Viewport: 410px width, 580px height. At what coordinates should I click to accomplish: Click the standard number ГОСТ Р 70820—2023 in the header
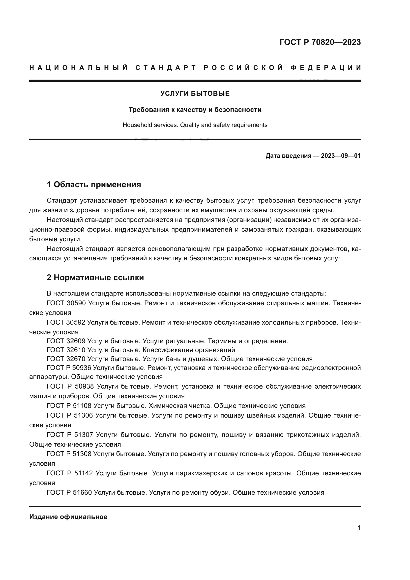[x=320, y=42]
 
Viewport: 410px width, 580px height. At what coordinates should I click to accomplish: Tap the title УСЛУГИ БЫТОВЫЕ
[x=195, y=93]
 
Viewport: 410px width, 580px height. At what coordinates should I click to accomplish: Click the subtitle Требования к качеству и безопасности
[x=195, y=110]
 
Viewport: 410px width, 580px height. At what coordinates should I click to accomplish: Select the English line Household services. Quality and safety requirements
[x=195, y=125]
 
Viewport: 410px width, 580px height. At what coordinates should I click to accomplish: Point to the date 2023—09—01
[x=341, y=156]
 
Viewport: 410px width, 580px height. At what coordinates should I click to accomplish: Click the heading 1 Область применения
[x=94, y=185]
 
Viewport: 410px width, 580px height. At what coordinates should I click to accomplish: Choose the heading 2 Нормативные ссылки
[x=95, y=278]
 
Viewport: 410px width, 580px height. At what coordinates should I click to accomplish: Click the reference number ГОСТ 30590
[x=66, y=303]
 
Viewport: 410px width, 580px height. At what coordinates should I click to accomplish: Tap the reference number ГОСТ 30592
[x=66, y=322]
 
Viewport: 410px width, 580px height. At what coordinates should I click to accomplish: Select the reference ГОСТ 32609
[x=66, y=341]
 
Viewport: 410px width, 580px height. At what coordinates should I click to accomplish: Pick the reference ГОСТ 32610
[x=66, y=350]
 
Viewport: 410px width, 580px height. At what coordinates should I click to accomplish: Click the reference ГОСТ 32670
[x=66, y=359]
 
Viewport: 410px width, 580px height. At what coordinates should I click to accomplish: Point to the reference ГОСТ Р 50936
[x=69, y=368]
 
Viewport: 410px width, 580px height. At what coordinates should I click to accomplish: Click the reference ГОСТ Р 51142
[x=70, y=473]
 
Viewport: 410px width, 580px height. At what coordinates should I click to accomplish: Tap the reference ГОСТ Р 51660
[x=69, y=492]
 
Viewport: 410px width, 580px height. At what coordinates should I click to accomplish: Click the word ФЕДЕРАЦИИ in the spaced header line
[x=326, y=68]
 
